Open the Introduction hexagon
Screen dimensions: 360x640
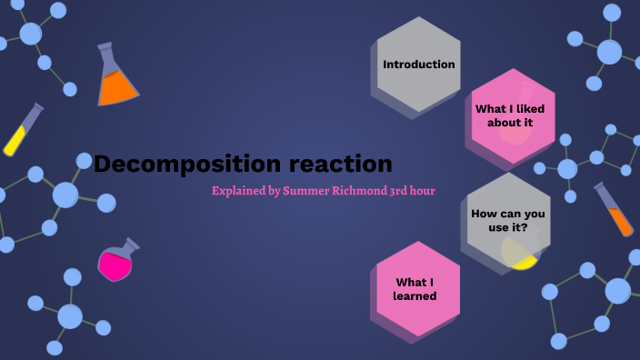(419, 65)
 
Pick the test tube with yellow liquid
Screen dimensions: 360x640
(23, 130)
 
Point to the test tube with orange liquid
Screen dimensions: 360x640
(615, 210)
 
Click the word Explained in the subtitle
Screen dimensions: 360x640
(240, 191)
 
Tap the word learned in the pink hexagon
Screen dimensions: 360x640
(415, 296)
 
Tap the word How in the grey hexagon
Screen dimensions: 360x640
(483, 213)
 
